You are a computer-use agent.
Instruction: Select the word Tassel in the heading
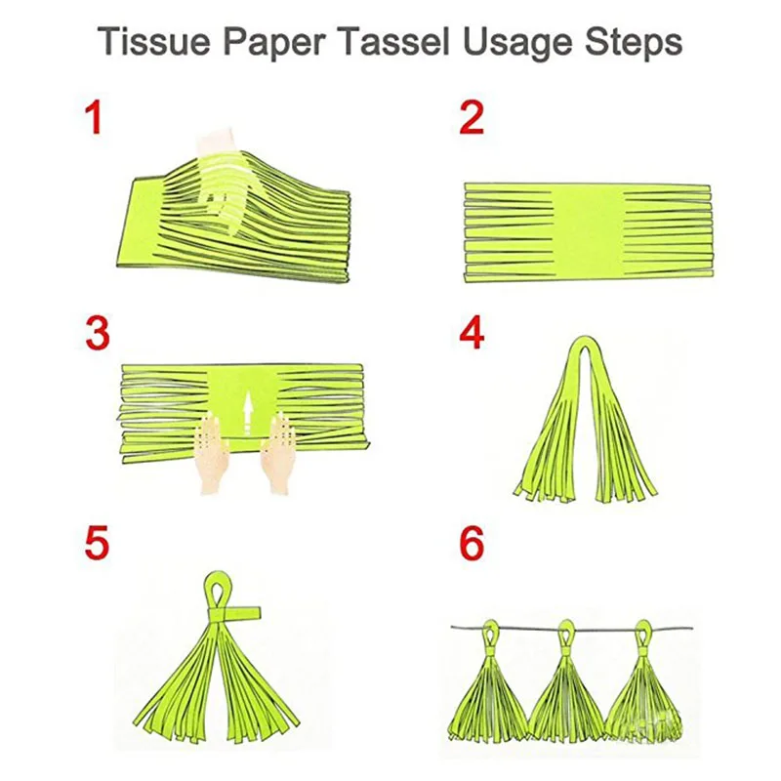pyautogui.click(x=395, y=42)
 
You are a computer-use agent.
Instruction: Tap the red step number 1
pyautogui.click(x=93, y=117)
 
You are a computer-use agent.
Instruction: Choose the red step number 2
pyautogui.click(x=472, y=117)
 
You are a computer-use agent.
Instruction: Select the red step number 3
pyautogui.click(x=98, y=333)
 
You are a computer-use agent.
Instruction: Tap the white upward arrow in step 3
pyautogui.click(x=248, y=413)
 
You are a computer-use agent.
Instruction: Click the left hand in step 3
pyautogui.click(x=214, y=453)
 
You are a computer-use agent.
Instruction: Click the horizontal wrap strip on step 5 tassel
pyautogui.click(x=234, y=613)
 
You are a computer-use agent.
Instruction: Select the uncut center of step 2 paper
pyautogui.click(x=589, y=232)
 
